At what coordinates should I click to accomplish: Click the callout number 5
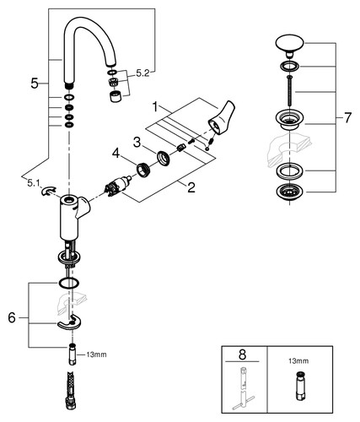tap(35, 84)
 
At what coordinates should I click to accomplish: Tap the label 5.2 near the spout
tap(142, 73)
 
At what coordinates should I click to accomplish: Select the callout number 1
tap(155, 106)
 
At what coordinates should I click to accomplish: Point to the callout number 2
tap(191, 187)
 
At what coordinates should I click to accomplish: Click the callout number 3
tap(137, 143)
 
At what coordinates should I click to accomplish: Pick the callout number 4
tap(116, 154)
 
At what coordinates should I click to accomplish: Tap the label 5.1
tap(33, 183)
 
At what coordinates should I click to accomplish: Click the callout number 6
tap(12, 318)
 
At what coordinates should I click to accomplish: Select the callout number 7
tap(347, 117)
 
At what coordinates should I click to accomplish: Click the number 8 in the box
tap(242, 354)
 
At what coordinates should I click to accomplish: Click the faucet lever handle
tap(222, 117)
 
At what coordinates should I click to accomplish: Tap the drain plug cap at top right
tap(289, 45)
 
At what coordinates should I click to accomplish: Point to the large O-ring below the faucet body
tap(67, 283)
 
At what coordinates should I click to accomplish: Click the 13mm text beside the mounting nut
tap(96, 354)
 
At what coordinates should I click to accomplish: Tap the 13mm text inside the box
tap(298, 361)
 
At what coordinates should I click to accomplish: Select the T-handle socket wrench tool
tap(244, 388)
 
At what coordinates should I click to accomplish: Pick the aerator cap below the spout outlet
tap(116, 96)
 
